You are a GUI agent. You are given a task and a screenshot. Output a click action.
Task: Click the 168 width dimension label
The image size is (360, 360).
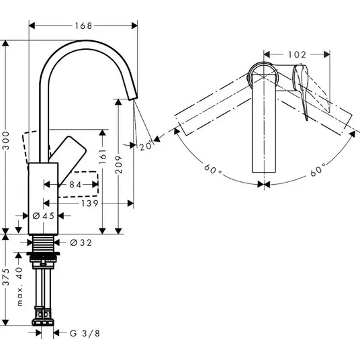[x=83, y=26]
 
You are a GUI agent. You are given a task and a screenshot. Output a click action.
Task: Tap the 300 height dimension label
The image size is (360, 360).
[x=6, y=140]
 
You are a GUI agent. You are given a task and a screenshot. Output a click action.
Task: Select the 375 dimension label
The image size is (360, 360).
[x=6, y=277]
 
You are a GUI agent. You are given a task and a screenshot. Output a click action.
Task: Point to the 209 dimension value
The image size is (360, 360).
[x=118, y=165]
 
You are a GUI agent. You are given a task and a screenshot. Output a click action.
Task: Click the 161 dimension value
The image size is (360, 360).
[x=103, y=156]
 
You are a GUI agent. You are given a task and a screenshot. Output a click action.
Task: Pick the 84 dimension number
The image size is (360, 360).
[x=75, y=184]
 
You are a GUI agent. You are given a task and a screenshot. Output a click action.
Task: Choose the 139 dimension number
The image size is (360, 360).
[x=90, y=204]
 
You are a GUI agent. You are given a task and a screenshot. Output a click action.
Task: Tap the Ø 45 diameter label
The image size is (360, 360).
[x=44, y=216]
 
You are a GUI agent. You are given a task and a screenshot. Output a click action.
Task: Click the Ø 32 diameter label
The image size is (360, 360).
[x=81, y=242]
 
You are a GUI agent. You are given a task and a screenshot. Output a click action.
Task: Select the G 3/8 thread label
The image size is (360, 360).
[x=85, y=333]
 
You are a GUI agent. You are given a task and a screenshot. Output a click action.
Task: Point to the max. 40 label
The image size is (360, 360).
[x=20, y=286]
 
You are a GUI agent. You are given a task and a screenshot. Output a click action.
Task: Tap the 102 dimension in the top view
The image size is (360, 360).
[x=297, y=54]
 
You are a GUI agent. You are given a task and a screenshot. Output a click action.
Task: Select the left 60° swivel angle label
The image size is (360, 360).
[x=213, y=170]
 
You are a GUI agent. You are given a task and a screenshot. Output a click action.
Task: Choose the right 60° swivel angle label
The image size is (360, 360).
[x=318, y=170]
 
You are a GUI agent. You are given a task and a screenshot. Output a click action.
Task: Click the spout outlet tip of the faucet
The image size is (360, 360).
[x=133, y=98]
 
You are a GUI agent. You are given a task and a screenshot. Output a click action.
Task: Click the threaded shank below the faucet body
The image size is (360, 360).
[x=43, y=243]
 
